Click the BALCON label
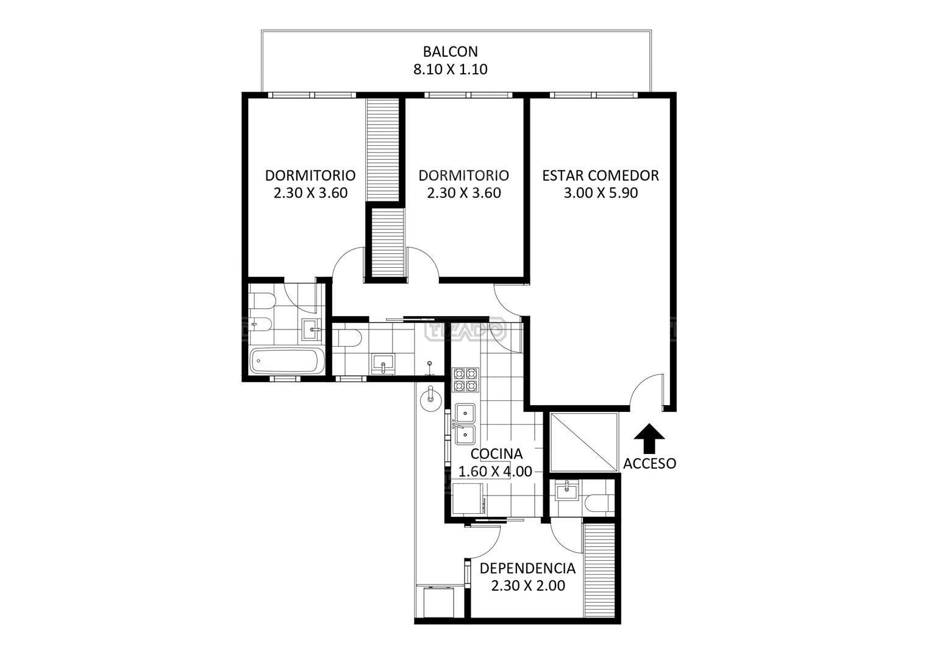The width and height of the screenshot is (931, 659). tap(450, 51)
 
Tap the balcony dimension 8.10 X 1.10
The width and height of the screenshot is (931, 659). tap(450, 68)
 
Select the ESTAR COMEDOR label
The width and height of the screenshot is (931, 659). tap(601, 175)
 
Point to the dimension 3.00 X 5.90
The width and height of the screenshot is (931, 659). tap(601, 193)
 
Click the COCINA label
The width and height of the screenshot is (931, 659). tap(496, 453)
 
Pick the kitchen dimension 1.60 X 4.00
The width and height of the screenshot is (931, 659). tap(495, 471)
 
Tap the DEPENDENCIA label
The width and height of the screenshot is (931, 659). tap(527, 568)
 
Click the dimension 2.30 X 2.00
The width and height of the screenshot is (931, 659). tap(528, 585)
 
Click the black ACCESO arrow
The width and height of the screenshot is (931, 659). tap(649, 438)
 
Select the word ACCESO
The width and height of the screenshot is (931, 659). tap(649, 463)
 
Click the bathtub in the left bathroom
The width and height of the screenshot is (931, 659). tap(287, 361)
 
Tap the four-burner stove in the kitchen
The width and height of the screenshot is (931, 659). tap(465, 380)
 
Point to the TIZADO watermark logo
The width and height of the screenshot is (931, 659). tap(465, 330)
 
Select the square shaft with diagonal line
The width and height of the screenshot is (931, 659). tap(584, 442)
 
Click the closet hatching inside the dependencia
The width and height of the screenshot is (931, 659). tap(599, 570)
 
